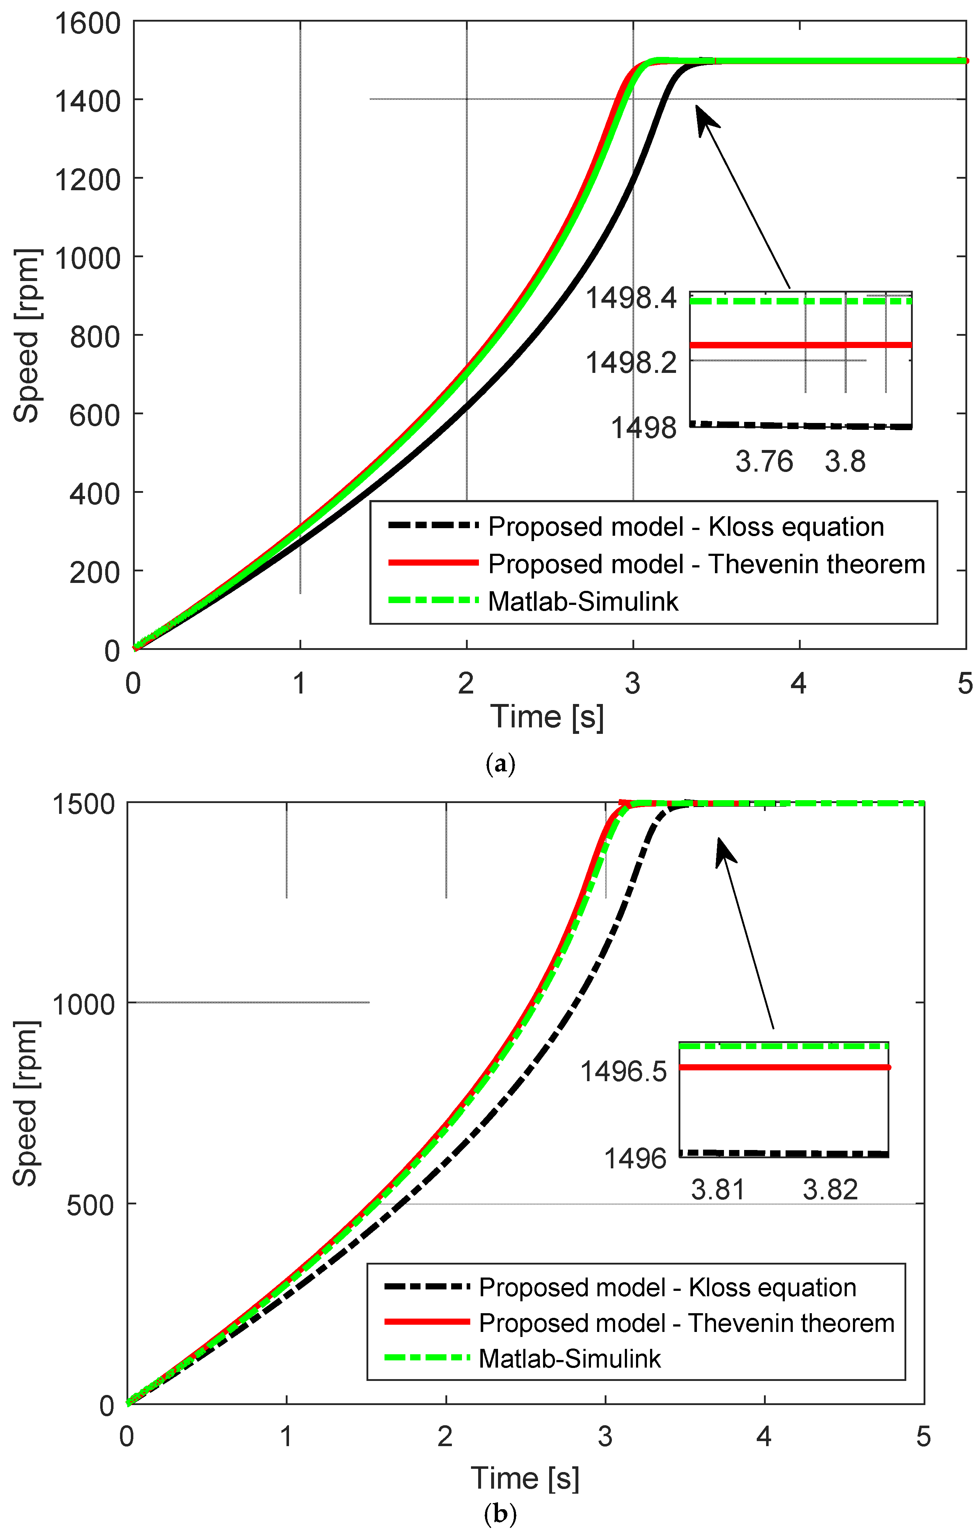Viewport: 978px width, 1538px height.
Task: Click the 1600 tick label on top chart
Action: click(88, 24)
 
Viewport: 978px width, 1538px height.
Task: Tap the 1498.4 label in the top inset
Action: click(631, 298)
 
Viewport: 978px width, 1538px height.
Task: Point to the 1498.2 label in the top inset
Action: click(631, 363)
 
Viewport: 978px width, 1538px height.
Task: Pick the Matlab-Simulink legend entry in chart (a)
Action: click(583, 602)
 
